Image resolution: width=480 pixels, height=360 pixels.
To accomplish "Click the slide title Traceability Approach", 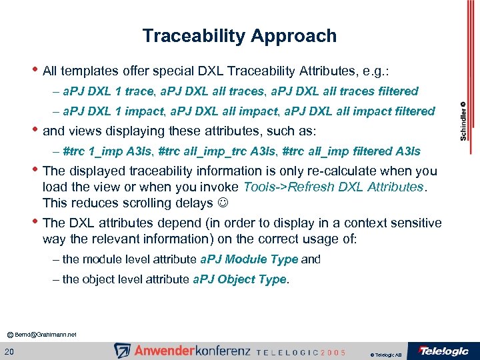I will click(239, 36).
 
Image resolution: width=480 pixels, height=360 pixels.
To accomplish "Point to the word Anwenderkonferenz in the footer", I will click(192, 351).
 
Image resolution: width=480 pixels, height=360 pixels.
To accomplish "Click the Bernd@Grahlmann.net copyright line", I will click(42, 333).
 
